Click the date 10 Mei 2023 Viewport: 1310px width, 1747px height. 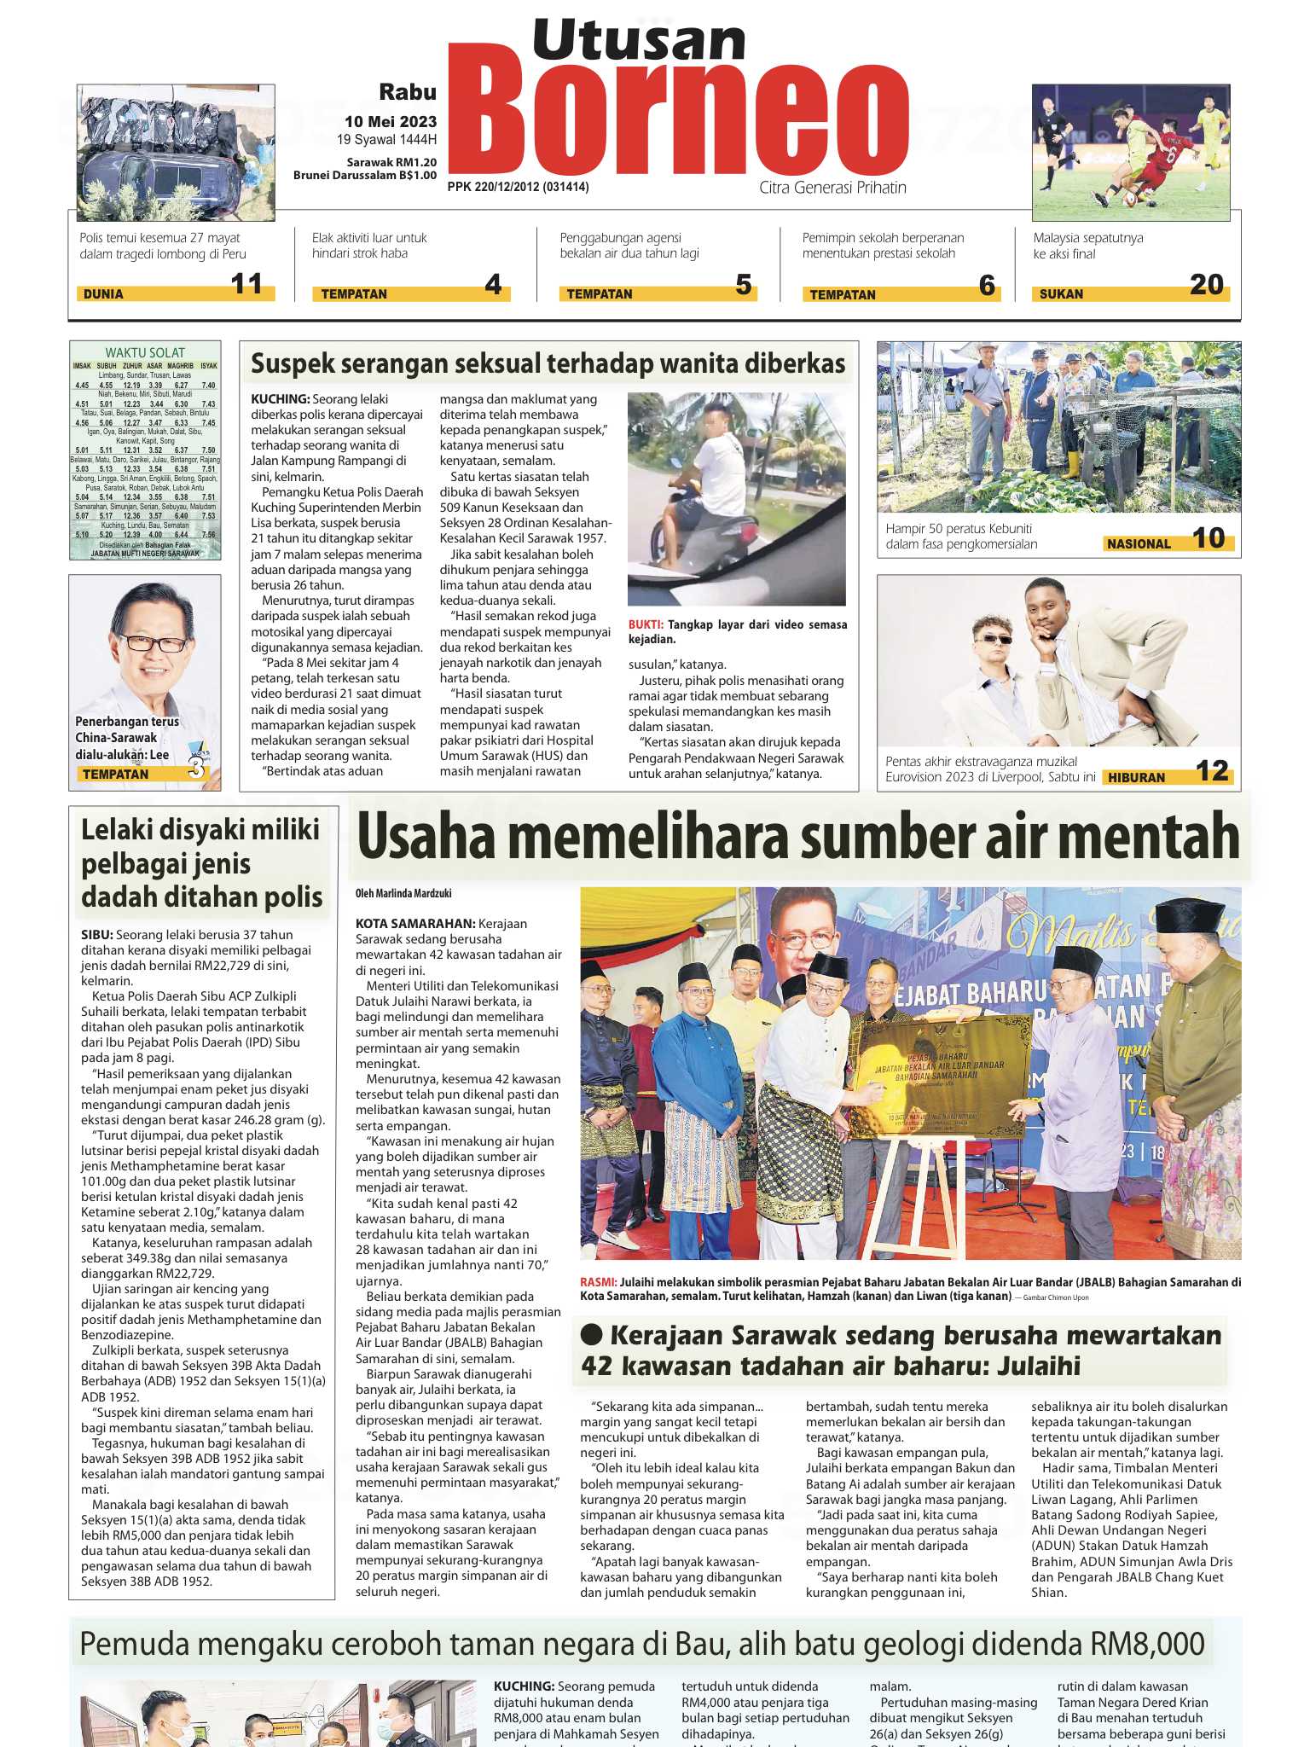[391, 122]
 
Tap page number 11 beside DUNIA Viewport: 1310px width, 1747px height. [246, 284]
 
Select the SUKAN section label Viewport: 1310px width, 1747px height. [1061, 294]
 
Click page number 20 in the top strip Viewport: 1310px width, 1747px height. [1206, 285]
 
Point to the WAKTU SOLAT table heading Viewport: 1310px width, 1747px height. [145, 352]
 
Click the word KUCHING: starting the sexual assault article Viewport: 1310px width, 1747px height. [280, 399]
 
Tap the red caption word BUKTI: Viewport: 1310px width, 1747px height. [646, 624]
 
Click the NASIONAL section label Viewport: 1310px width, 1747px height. [1139, 544]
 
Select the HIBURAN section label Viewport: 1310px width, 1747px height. [1136, 778]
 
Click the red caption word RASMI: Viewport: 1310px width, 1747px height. [598, 1282]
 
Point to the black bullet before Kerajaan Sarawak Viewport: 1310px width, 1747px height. [591, 1336]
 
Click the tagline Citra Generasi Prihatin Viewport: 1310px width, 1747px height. [832, 188]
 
